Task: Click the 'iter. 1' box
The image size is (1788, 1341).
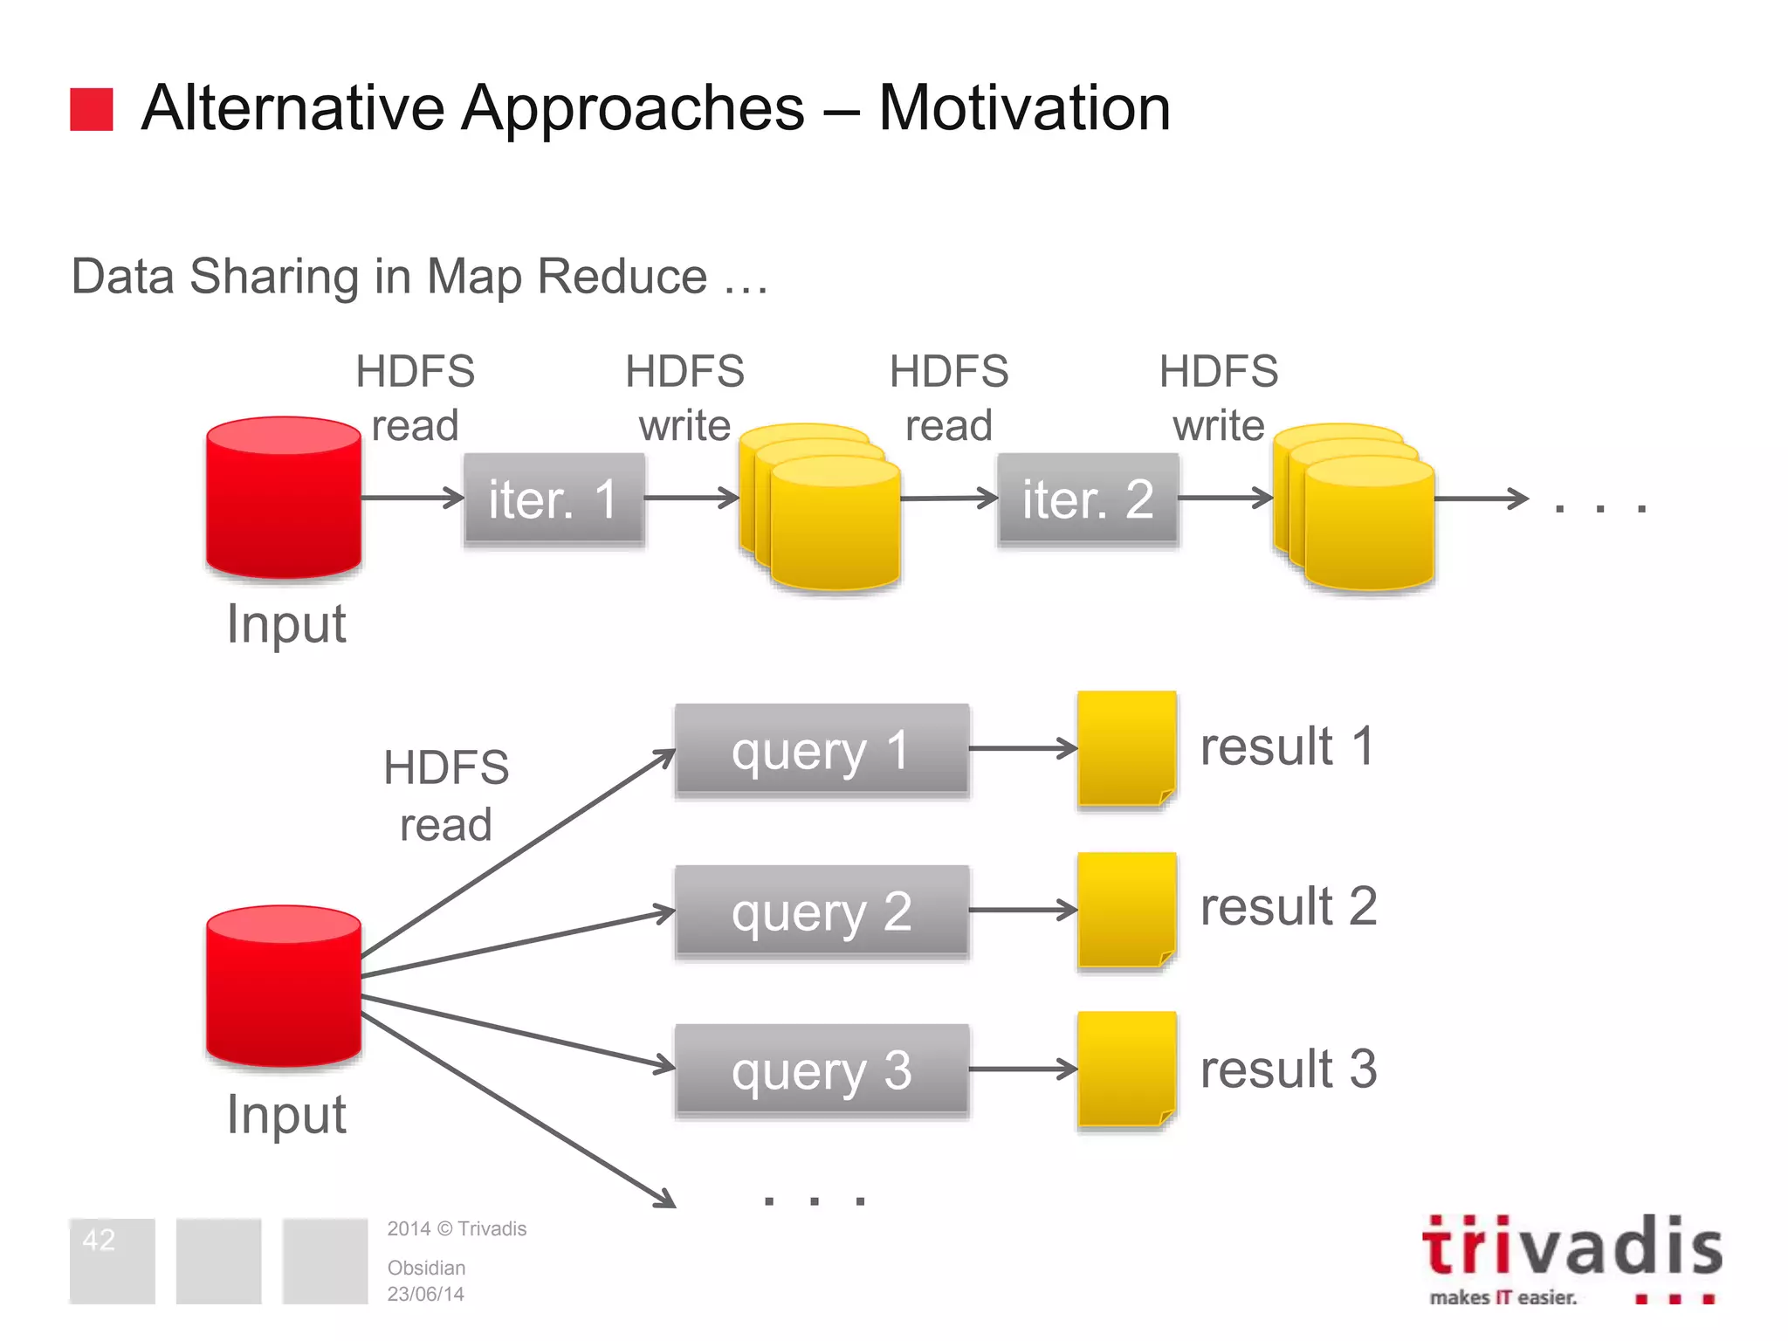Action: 554,499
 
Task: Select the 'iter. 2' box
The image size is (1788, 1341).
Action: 1088,499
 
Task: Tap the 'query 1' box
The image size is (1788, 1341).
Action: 822,750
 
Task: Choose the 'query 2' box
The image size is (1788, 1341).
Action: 822,911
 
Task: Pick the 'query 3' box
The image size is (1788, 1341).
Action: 822,1070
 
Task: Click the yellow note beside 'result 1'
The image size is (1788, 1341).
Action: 1126,748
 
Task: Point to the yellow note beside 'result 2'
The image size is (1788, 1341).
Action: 1126,910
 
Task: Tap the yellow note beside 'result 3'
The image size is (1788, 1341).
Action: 1126,1069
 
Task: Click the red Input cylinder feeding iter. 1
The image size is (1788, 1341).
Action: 284,498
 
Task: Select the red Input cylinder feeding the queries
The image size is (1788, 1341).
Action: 284,987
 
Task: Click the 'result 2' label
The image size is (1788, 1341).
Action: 1289,906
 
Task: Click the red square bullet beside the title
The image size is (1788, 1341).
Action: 92,109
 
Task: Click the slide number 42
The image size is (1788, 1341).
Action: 99,1240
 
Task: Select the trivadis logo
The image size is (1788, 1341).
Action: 1571,1257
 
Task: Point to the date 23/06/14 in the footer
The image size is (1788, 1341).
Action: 425,1294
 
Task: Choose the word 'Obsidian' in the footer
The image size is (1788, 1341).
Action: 426,1268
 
